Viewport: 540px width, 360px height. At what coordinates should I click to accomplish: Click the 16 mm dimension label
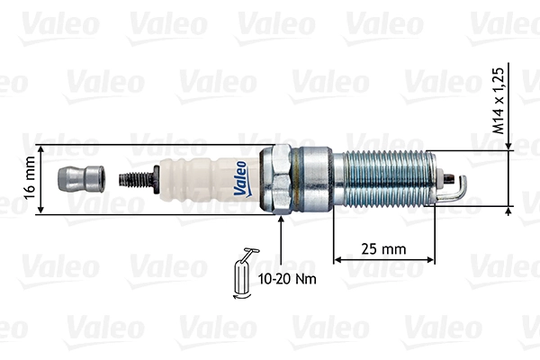tap(30, 179)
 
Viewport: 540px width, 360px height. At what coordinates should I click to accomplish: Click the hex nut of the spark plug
tap(280, 179)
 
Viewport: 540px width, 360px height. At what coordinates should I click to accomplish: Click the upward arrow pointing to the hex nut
tap(282, 225)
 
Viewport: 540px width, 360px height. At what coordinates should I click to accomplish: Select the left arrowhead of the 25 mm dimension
tap(338, 260)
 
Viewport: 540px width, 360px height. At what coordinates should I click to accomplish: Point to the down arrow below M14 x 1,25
tap(510, 144)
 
